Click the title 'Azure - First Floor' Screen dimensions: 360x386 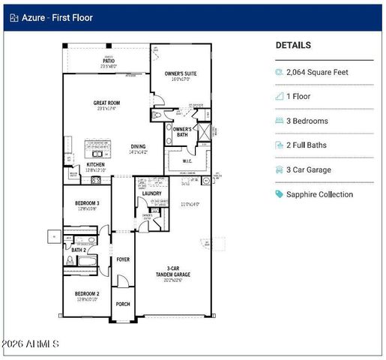point(57,17)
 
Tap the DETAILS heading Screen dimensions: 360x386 point(293,45)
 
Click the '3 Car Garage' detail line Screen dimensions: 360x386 point(311,169)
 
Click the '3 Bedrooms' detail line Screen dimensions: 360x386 point(308,121)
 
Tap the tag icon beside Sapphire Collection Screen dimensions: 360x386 point(280,194)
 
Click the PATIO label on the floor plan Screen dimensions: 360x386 point(109,61)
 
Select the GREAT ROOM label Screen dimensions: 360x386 point(106,103)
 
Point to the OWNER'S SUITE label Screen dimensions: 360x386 point(181,73)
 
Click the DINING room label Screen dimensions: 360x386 point(139,147)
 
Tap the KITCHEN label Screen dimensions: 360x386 point(95,164)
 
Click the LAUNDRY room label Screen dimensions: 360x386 point(151,193)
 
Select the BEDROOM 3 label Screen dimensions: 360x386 point(87,203)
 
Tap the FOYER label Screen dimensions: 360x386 point(122,259)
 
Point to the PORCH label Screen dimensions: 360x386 point(122,304)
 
